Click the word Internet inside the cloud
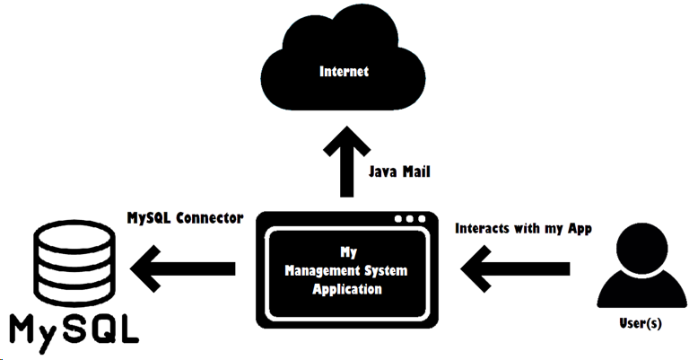pyautogui.click(x=344, y=72)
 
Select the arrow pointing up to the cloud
pyautogui.click(x=346, y=162)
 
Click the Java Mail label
pyautogui.click(x=399, y=171)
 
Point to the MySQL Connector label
pyautogui.click(x=185, y=217)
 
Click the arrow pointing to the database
pyautogui.click(x=183, y=268)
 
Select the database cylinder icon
pyautogui.click(x=74, y=263)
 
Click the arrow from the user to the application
pyautogui.click(x=515, y=268)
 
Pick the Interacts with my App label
pyautogui.click(x=523, y=229)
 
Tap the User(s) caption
pyautogui.click(x=641, y=323)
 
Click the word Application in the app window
pyautogui.click(x=347, y=289)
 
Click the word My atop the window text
pyautogui.click(x=348, y=252)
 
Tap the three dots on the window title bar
pyautogui.click(x=410, y=219)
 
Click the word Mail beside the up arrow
pyautogui.click(x=415, y=171)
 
